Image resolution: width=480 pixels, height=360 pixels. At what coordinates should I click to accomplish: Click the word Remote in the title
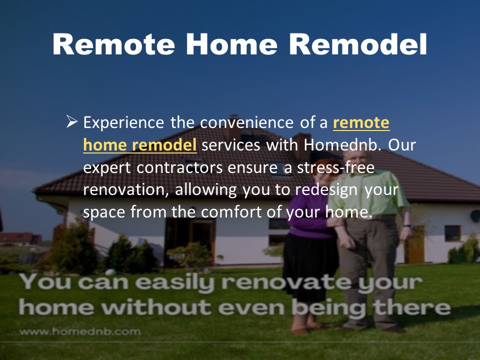coord(113,44)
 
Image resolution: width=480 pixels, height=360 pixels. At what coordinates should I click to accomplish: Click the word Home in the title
coord(231,44)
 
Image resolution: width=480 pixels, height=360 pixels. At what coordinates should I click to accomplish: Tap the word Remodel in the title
coord(357,44)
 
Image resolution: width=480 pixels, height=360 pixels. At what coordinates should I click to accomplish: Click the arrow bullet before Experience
coord(72,122)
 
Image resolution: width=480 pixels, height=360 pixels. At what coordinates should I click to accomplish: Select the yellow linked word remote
coord(361,123)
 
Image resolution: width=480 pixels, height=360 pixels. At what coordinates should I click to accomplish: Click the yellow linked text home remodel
coord(140,144)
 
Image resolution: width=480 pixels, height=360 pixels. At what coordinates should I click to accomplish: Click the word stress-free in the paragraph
coord(336,167)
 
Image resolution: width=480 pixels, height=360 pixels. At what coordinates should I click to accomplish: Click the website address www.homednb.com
coord(80,331)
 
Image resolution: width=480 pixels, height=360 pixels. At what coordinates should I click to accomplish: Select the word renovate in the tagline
coord(286,282)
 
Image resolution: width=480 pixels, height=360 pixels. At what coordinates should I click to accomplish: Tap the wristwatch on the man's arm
coord(407,226)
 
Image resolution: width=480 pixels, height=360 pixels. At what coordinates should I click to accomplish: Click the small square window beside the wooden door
coord(452,233)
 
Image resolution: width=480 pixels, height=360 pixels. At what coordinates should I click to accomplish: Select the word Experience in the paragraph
coord(123,123)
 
